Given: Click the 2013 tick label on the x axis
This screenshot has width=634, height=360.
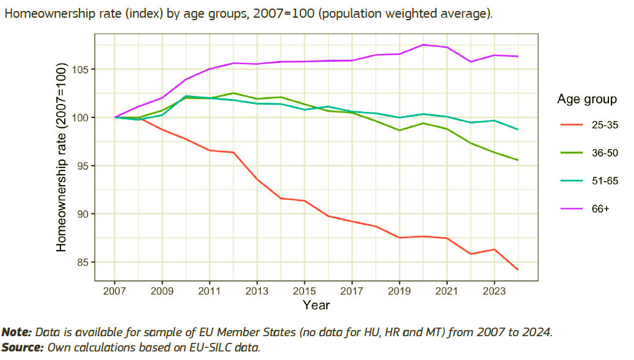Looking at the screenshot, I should [x=257, y=291].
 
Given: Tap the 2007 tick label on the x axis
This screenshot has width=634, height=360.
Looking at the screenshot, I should [x=114, y=291].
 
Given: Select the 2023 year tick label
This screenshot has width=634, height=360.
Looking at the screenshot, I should [x=494, y=291].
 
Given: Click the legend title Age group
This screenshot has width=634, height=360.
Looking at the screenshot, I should [x=587, y=99].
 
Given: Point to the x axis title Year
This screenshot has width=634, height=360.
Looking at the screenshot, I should [x=316, y=304].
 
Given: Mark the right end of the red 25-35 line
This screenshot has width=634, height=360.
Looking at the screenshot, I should [x=518, y=270].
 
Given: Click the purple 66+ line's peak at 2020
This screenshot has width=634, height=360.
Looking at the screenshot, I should [x=423, y=45].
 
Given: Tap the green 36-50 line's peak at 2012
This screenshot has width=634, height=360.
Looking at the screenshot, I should [x=233, y=93].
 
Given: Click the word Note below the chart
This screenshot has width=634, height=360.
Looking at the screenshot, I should [x=16, y=332].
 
